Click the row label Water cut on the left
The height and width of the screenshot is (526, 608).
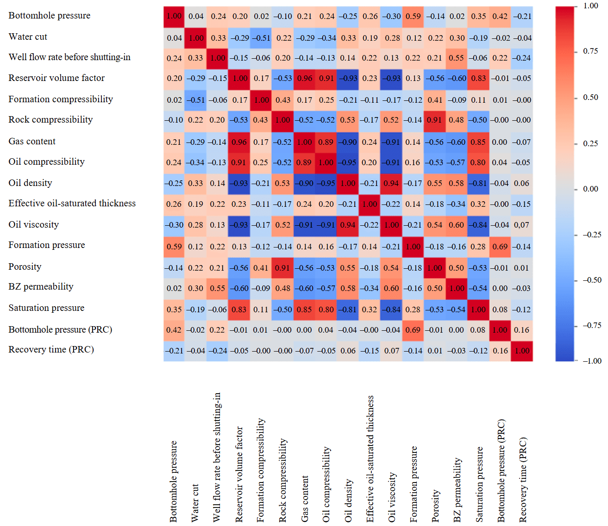coord(28,37)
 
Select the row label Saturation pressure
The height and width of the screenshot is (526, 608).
coord(46,308)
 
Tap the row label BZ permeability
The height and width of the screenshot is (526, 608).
coord(41,286)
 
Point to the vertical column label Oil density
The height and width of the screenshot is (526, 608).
coord(349,501)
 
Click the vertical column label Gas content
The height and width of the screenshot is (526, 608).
coord(305,499)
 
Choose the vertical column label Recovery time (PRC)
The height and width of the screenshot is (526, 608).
coord(523,480)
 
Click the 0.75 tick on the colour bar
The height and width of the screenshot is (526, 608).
coord(590,51)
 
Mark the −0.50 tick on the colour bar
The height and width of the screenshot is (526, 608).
coord(591,280)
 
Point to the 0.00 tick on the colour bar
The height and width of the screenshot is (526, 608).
coord(590,189)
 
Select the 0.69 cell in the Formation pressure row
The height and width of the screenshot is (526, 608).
coord(500,247)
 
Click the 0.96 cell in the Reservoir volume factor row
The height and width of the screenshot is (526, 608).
coord(305,78)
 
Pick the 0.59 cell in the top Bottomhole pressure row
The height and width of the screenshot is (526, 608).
coord(413,16)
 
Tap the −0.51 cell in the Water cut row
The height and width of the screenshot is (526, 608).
coord(261,38)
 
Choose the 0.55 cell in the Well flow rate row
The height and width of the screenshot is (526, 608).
coord(457,58)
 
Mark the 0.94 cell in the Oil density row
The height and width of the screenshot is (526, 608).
coord(391,183)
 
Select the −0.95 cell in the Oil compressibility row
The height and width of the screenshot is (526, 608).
coord(348,162)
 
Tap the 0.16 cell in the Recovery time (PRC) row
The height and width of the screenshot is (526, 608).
coord(500,351)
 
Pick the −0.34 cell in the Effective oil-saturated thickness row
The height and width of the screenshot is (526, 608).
coord(457,204)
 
